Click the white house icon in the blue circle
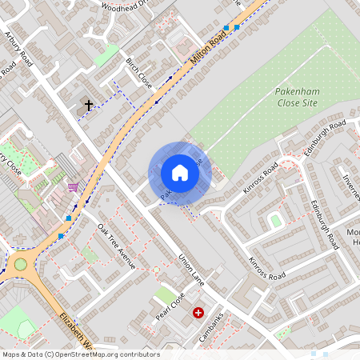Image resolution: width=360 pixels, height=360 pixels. point(179,173)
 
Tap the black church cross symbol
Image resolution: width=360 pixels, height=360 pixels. point(87,104)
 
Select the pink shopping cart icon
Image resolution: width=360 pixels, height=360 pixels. point(74,188)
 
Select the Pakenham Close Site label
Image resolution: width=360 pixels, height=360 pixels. point(298,98)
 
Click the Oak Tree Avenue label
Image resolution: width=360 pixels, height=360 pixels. point(117,246)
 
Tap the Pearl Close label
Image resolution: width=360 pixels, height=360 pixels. point(171,308)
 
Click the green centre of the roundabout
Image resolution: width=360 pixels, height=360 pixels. point(20,264)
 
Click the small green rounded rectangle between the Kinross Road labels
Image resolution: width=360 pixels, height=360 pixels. point(276,220)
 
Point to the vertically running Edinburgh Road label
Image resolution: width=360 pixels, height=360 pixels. point(327,224)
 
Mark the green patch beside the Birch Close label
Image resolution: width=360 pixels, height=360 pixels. point(106,55)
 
